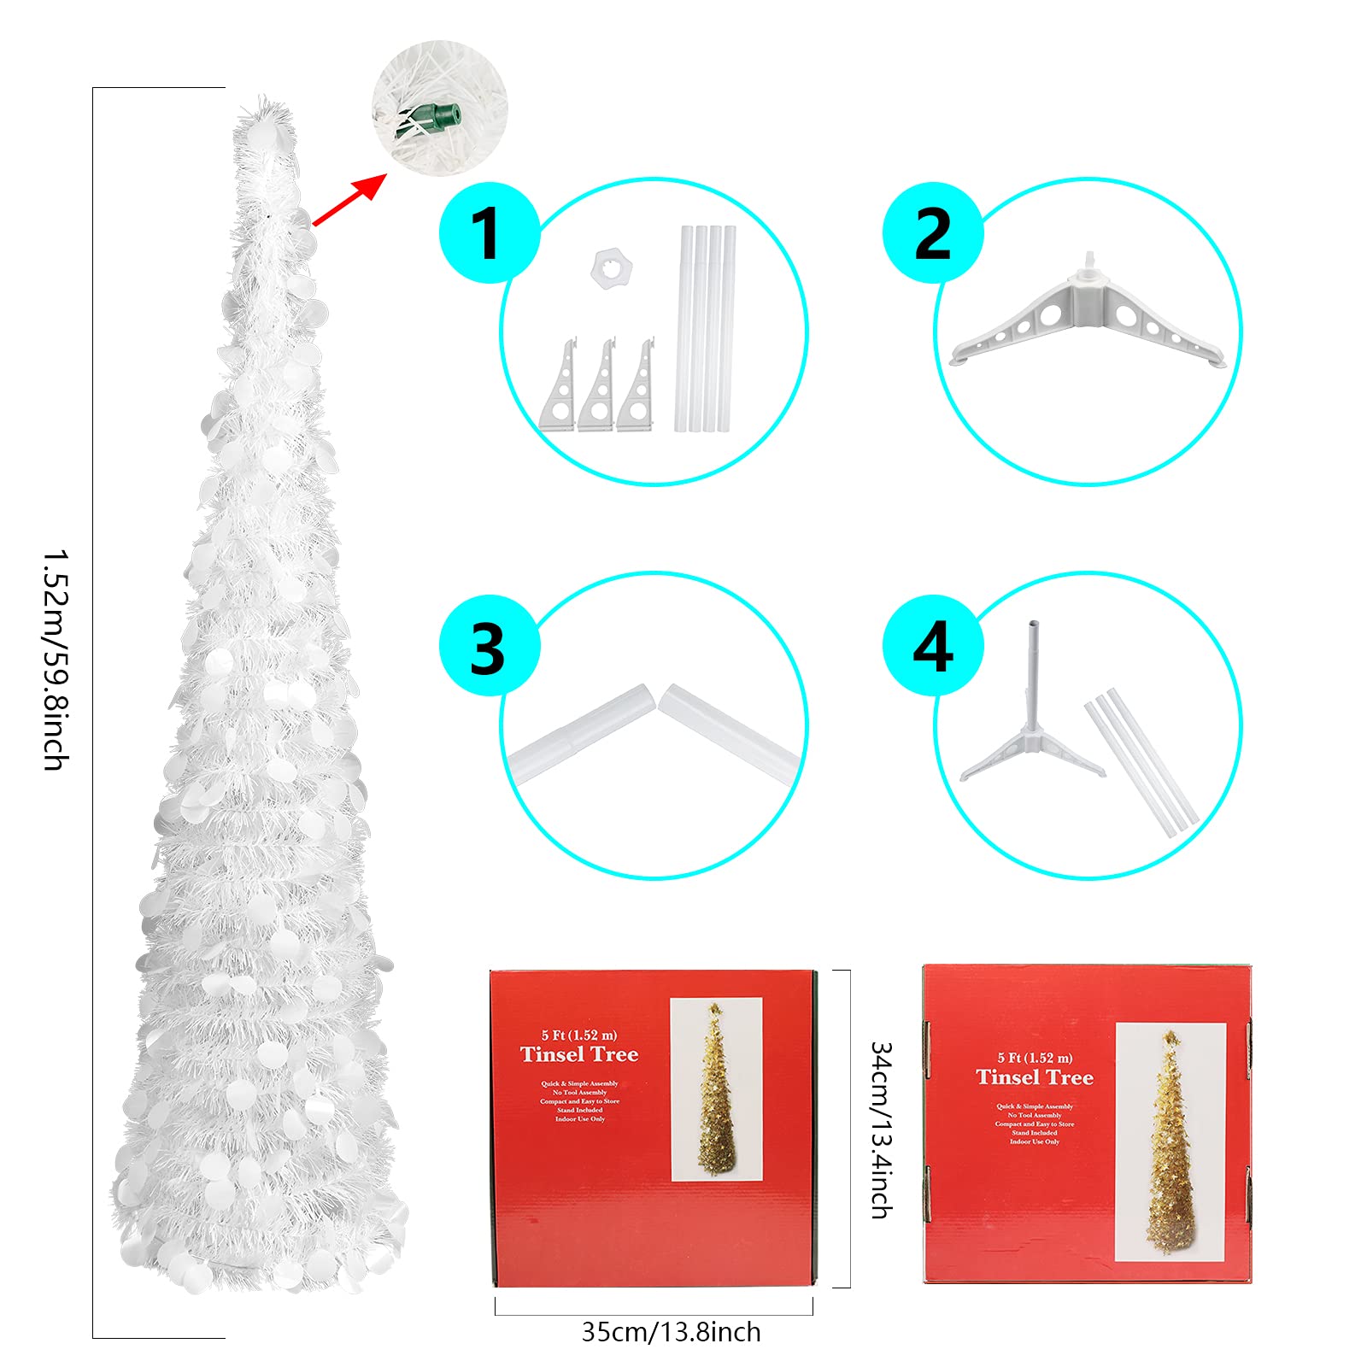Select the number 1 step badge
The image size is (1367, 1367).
[489, 232]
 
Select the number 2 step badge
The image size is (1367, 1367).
[932, 232]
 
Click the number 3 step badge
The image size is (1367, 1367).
[489, 647]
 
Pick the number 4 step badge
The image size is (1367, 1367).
[932, 647]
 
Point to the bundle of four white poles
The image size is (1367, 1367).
[706, 328]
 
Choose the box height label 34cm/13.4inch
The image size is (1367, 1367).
[881, 1129]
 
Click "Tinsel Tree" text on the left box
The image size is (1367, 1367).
[579, 1054]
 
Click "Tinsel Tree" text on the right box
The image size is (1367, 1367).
[1034, 1077]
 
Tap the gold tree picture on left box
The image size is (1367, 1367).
[716, 1089]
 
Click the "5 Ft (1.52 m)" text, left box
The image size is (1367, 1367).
[578, 1035]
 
